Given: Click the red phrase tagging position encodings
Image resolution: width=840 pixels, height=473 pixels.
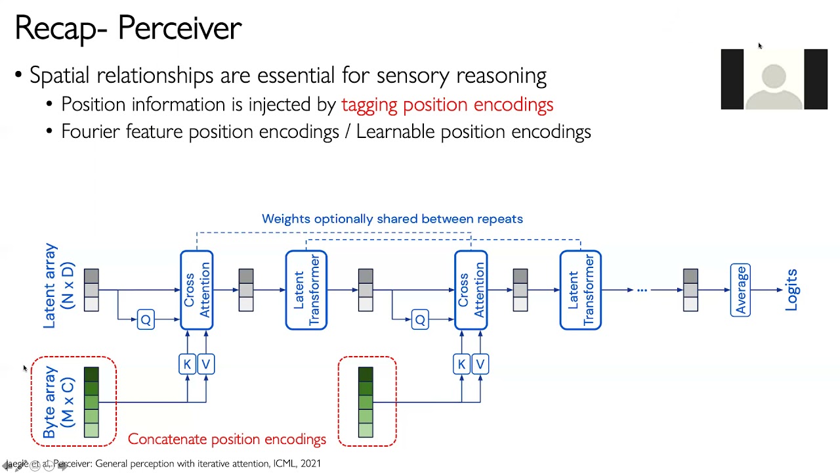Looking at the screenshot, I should (447, 104).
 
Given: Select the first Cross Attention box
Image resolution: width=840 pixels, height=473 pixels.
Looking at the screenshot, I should (197, 290).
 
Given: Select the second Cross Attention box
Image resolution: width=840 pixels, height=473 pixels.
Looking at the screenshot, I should (471, 290).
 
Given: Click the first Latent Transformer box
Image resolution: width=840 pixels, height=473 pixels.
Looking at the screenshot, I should (306, 290).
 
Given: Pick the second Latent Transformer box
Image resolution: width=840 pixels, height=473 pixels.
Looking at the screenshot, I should (581, 290).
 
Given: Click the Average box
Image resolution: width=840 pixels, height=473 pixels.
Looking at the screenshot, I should (740, 290).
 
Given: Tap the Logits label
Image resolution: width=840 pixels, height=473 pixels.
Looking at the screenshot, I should (791, 290).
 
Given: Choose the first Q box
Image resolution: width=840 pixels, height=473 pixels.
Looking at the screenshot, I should (146, 319).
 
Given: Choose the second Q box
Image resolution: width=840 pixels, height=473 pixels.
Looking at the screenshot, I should (420, 319).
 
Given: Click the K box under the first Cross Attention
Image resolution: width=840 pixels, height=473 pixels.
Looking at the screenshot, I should (187, 364).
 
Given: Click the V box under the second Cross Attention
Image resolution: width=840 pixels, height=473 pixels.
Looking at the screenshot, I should (480, 364).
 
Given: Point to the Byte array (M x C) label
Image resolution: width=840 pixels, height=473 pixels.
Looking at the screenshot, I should (58, 401).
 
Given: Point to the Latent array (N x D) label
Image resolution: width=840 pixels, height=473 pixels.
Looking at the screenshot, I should (58, 286).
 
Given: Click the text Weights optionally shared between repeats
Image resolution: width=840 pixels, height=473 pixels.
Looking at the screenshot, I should (392, 219).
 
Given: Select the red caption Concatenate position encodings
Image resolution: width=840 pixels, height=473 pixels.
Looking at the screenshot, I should (226, 439).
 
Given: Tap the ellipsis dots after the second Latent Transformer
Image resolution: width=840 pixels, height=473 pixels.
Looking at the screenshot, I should (642, 290).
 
